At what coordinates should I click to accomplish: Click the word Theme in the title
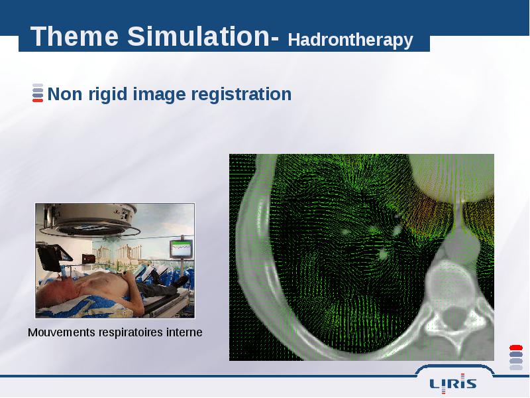click(75, 36)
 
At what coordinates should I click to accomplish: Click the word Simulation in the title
click(198, 36)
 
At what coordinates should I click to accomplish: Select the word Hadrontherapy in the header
click(350, 40)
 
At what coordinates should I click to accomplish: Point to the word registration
click(241, 94)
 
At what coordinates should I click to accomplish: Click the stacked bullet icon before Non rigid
click(38, 93)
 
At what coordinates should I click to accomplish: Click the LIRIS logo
click(453, 383)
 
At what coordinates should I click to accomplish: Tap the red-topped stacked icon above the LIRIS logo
click(516, 357)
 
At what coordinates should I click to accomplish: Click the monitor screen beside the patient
click(181, 249)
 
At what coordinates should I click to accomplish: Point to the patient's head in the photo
click(56, 290)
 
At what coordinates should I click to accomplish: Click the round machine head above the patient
click(94, 220)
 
